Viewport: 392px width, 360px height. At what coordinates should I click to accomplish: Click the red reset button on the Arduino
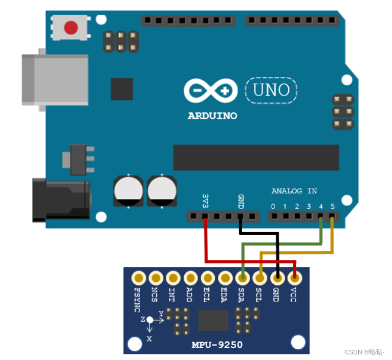point(71,28)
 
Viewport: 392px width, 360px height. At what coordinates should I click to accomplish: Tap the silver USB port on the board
point(54,80)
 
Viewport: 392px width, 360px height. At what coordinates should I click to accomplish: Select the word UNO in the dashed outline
point(271,91)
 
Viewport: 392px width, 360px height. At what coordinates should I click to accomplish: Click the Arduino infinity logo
point(210,91)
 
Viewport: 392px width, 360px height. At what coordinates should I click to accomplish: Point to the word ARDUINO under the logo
point(212,116)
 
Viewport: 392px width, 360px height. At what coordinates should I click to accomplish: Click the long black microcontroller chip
point(256,157)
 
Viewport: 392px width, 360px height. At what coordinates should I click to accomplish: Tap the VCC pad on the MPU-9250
point(294,278)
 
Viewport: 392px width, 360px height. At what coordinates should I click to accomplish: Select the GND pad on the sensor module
point(277,278)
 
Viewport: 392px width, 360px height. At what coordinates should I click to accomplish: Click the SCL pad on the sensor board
point(259,278)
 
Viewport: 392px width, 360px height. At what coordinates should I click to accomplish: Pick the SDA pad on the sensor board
point(243,278)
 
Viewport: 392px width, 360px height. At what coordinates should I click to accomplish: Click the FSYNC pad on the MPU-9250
point(139,278)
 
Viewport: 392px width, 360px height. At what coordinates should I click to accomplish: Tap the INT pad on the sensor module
point(173,278)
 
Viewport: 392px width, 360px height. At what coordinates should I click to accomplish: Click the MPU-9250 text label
point(217,345)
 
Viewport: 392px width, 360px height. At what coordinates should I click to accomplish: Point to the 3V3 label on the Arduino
point(205,199)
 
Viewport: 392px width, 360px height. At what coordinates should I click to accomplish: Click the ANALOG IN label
point(294,191)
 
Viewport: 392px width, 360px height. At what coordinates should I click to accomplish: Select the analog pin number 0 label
point(273,207)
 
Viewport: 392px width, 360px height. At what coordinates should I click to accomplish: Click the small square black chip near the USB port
point(122,89)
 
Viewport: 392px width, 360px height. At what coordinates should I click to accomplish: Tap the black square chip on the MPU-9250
point(213,320)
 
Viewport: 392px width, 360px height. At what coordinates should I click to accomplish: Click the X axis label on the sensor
point(149,339)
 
